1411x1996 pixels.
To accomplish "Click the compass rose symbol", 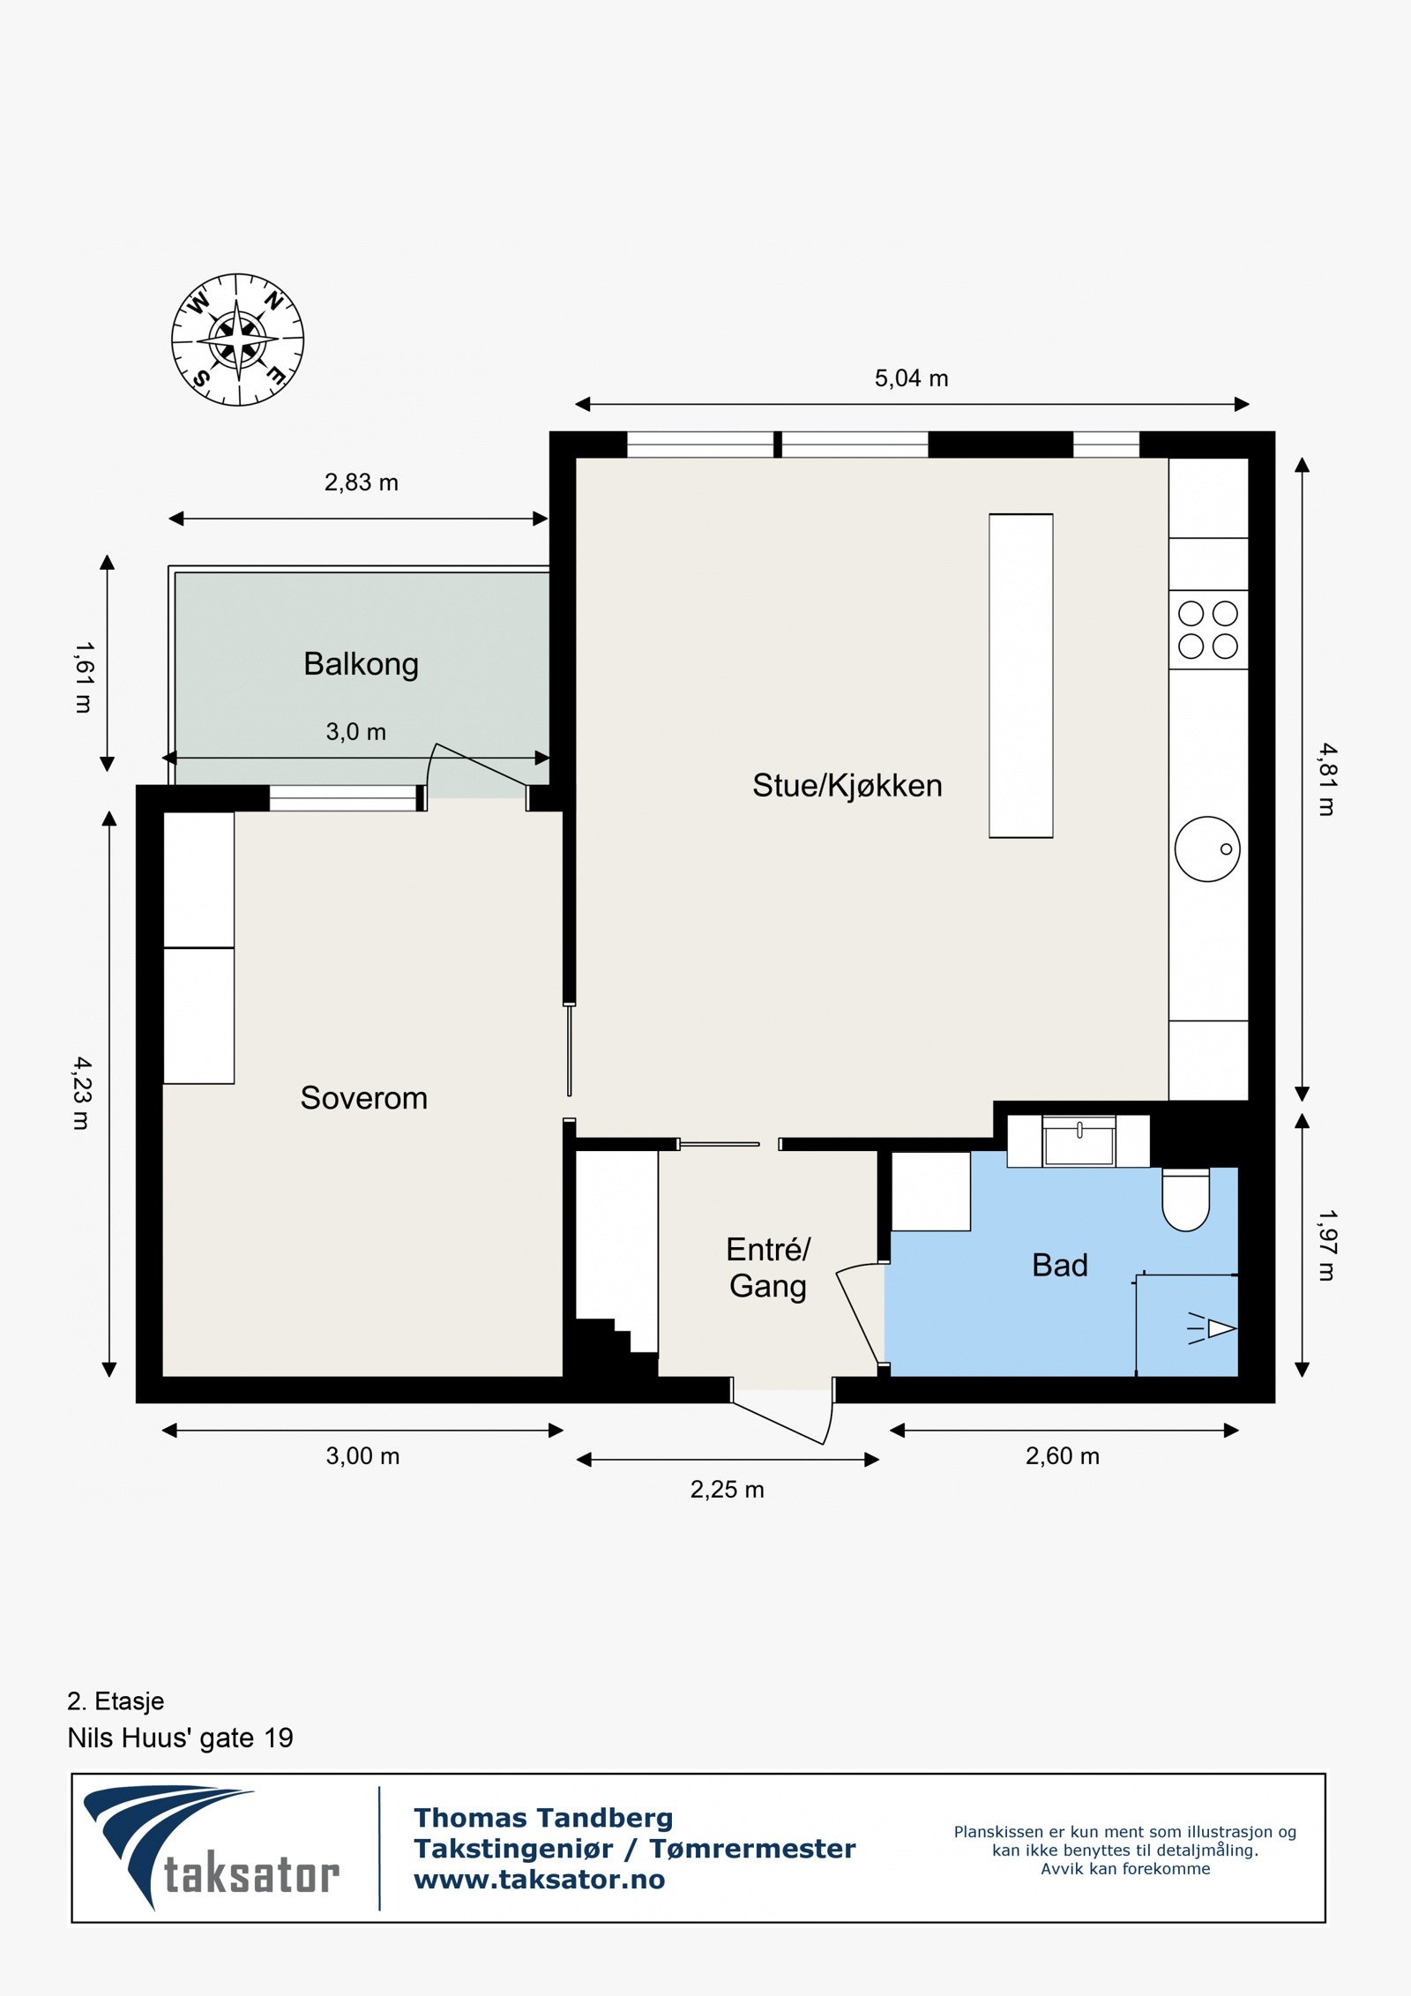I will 237,340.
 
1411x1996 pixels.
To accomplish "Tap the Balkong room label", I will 361,664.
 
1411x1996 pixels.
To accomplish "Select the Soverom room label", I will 363,1098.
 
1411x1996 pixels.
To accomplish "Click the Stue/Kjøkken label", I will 847,785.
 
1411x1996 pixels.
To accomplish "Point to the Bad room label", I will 1059,1265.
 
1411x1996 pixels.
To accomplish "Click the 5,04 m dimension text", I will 911,378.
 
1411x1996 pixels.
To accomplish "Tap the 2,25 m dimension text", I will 727,1490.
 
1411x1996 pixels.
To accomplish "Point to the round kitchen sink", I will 1206,848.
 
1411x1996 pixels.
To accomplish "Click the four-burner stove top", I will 1207,630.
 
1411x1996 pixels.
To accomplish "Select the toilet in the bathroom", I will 1185,1200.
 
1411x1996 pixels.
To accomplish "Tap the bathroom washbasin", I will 1079,1141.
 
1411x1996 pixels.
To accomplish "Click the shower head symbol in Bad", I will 1219,1328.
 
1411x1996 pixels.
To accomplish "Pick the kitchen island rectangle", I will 1020,676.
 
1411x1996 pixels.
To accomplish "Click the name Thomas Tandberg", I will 543,1818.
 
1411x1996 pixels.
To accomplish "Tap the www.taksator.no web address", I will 539,1880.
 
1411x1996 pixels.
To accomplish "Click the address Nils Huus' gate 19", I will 180,1738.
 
